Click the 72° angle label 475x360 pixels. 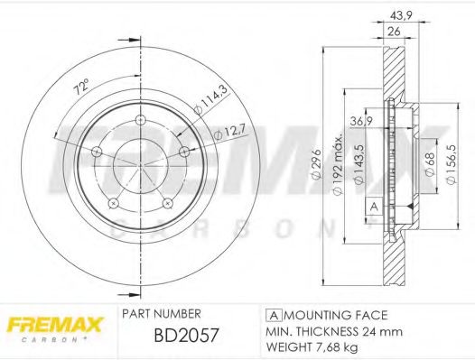pos(81,88)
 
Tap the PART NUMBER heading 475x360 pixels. pos(161,315)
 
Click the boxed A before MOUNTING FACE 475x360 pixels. pos(272,315)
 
